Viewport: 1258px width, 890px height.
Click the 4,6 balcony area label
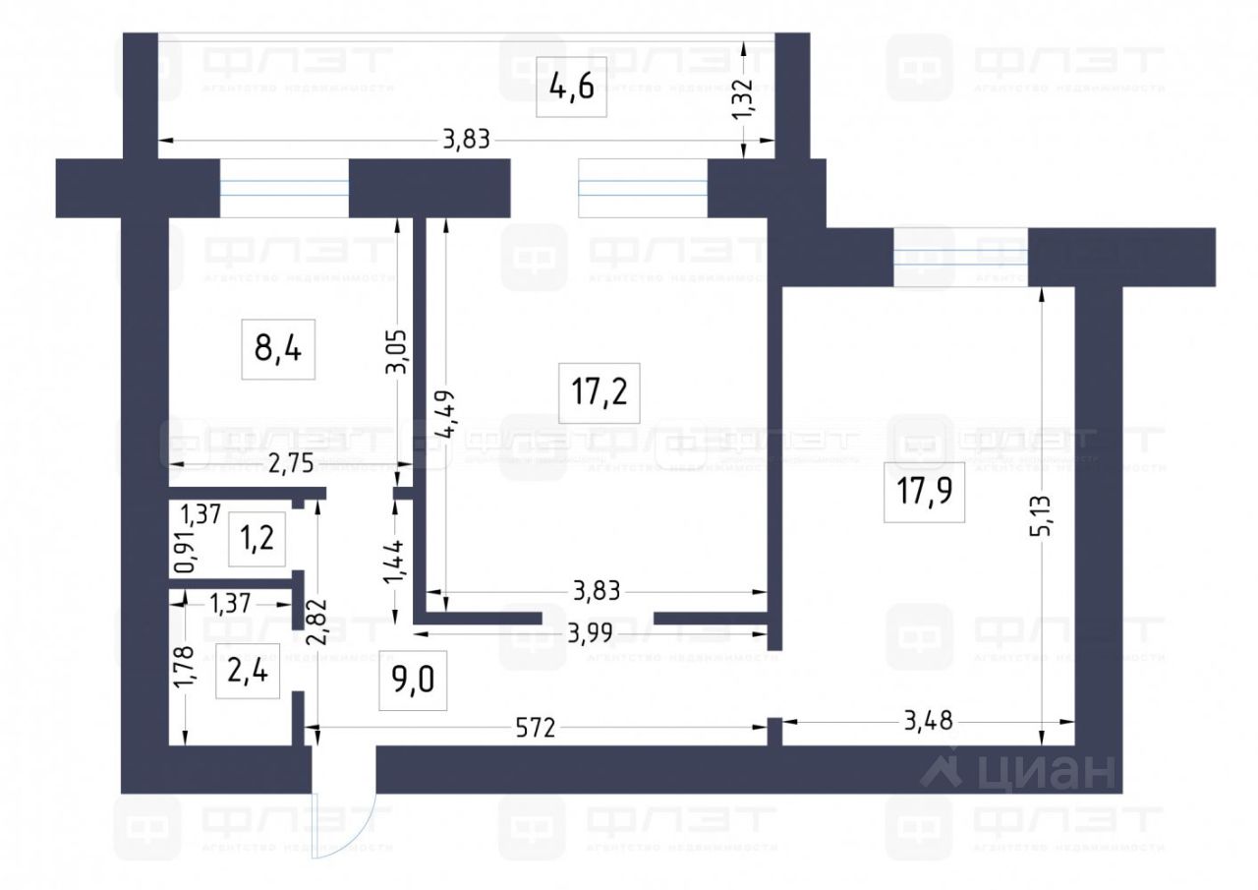coord(572,86)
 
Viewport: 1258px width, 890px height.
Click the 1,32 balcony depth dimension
coord(744,99)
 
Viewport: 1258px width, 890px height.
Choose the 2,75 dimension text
coord(290,465)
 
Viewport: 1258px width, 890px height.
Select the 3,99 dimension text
coord(592,633)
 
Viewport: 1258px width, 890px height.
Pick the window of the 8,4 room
coord(284,187)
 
